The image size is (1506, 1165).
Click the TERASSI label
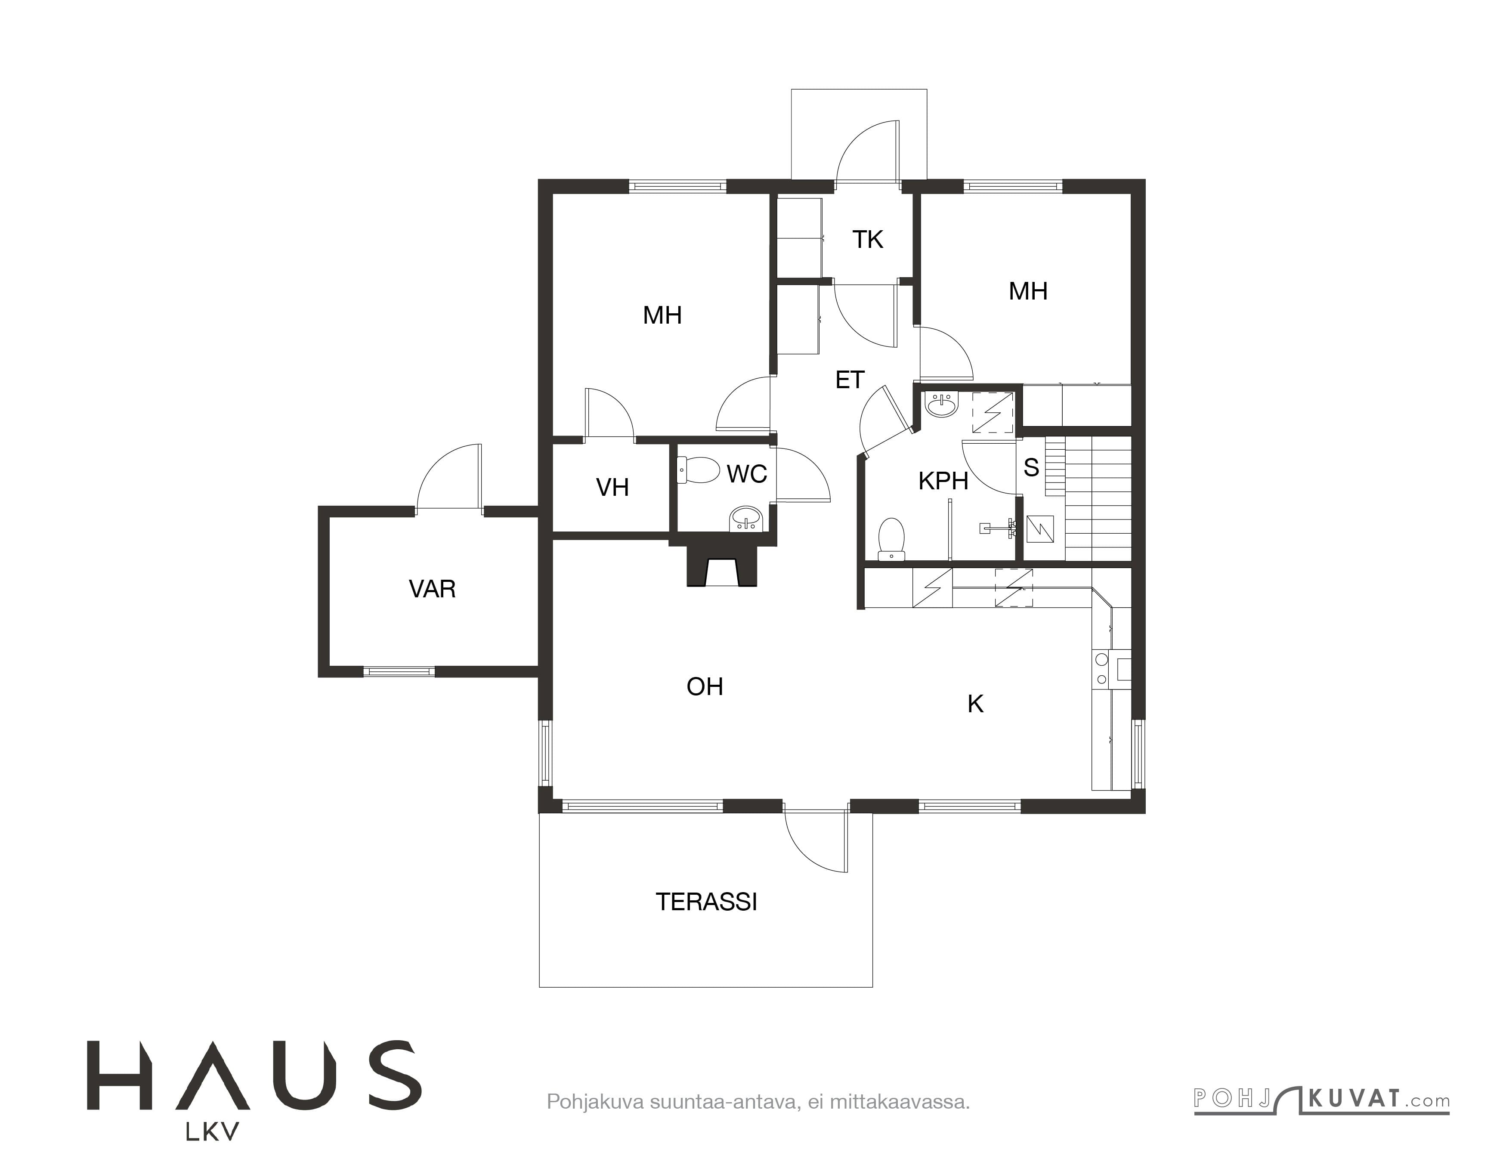coord(706,902)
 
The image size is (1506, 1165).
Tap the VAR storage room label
coord(433,589)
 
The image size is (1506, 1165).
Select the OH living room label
coord(705,686)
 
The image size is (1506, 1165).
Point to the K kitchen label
coord(975,704)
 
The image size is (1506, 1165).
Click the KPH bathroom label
coord(943,480)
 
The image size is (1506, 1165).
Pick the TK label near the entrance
coord(867,239)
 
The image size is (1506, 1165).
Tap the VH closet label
coord(612,487)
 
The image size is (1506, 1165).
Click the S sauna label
coord(1031,467)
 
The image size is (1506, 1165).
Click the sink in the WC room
coord(745,519)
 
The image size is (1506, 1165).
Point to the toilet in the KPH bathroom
coord(892,539)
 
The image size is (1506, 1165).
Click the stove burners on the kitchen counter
coord(1102,669)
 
